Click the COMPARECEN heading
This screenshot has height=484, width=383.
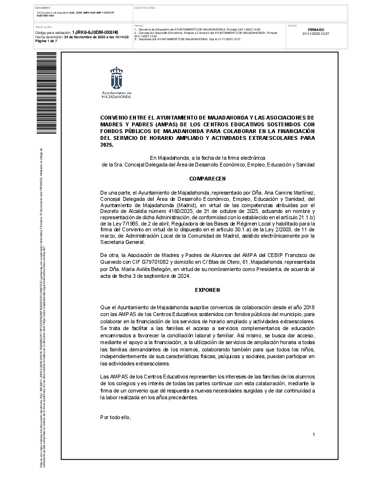tap(207, 179)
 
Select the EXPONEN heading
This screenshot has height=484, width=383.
tap(207, 290)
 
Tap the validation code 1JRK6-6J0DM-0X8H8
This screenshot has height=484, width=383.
tap(95, 32)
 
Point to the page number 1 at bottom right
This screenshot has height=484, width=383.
tap(313, 435)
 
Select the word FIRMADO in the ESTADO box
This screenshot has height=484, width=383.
tap(316, 30)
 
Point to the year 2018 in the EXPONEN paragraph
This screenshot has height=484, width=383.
tap(309, 307)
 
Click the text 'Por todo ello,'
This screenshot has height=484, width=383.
tap(115, 417)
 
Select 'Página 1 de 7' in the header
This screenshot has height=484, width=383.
tap(46, 41)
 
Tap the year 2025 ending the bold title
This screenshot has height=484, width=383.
tap(106, 145)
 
